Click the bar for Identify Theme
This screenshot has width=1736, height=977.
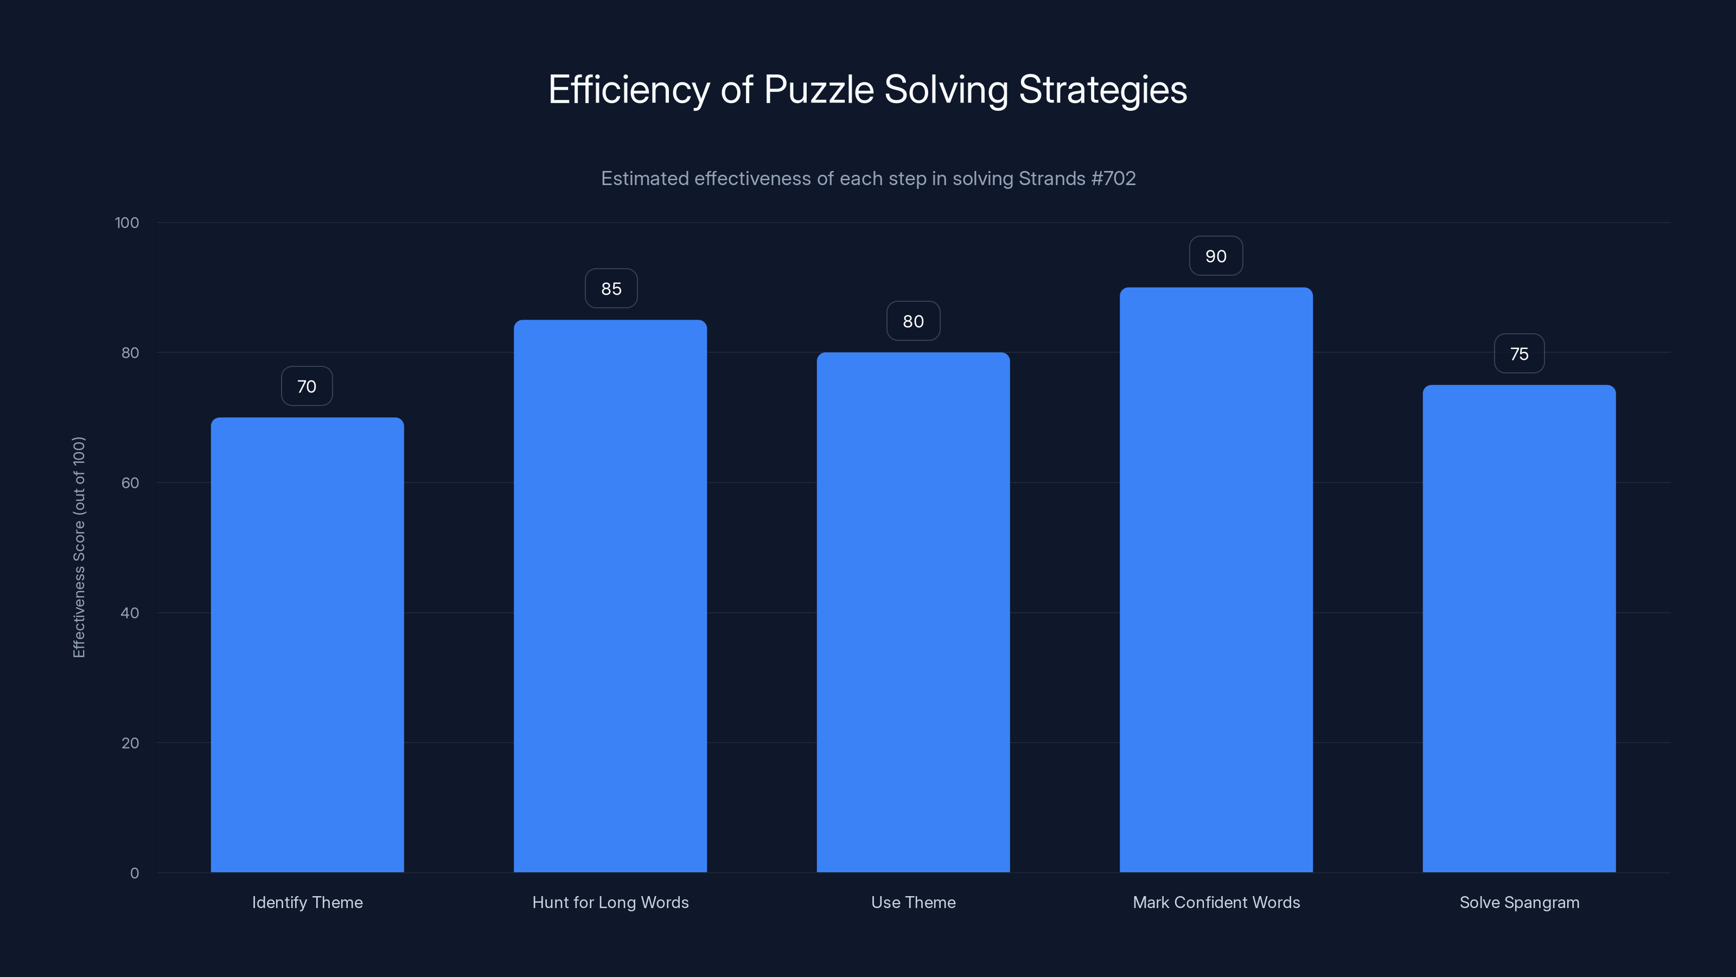click(307, 645)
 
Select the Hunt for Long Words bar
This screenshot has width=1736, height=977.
click(610, 596)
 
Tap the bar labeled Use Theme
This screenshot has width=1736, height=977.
click(913, 612)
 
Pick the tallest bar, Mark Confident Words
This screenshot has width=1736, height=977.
click(1216, 580)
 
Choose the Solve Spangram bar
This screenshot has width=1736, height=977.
click(1519, 629)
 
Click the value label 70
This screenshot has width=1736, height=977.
click(307, 386)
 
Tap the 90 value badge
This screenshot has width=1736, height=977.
click(1216, 256)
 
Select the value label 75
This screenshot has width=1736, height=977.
click(1519, 354)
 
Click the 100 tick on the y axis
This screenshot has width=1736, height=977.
click(127, 223)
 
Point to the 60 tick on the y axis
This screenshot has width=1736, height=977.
click(130, 483)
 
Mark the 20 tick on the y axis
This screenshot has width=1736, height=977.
click(130, 743)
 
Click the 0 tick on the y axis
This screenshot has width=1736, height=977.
click(134, 873)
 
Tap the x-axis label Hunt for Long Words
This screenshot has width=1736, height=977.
click(610, 902)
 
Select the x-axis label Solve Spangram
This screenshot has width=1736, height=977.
click(1519, 902)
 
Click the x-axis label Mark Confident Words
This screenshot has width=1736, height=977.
click(1216, 902)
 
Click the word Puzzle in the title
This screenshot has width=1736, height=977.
click(818, 90)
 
